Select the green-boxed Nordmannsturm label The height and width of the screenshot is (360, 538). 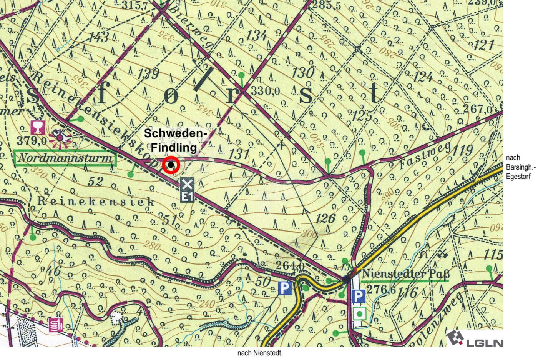pyautogui.click(x=65, y=158)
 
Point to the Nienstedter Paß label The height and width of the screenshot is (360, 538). pyautogui.click(x=405, y=274)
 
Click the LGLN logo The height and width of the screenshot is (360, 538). pyautogui.click(x=475, y=339)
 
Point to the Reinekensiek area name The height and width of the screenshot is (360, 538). pyautogui.click(x=96, y=202)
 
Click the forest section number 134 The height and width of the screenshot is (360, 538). pyautogui.click(x=256, y=36)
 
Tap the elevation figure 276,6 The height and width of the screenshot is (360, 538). pyautogui.click(x=381, y=290)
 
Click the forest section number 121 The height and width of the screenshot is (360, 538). pyautogui.click(x=483, y=45)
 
